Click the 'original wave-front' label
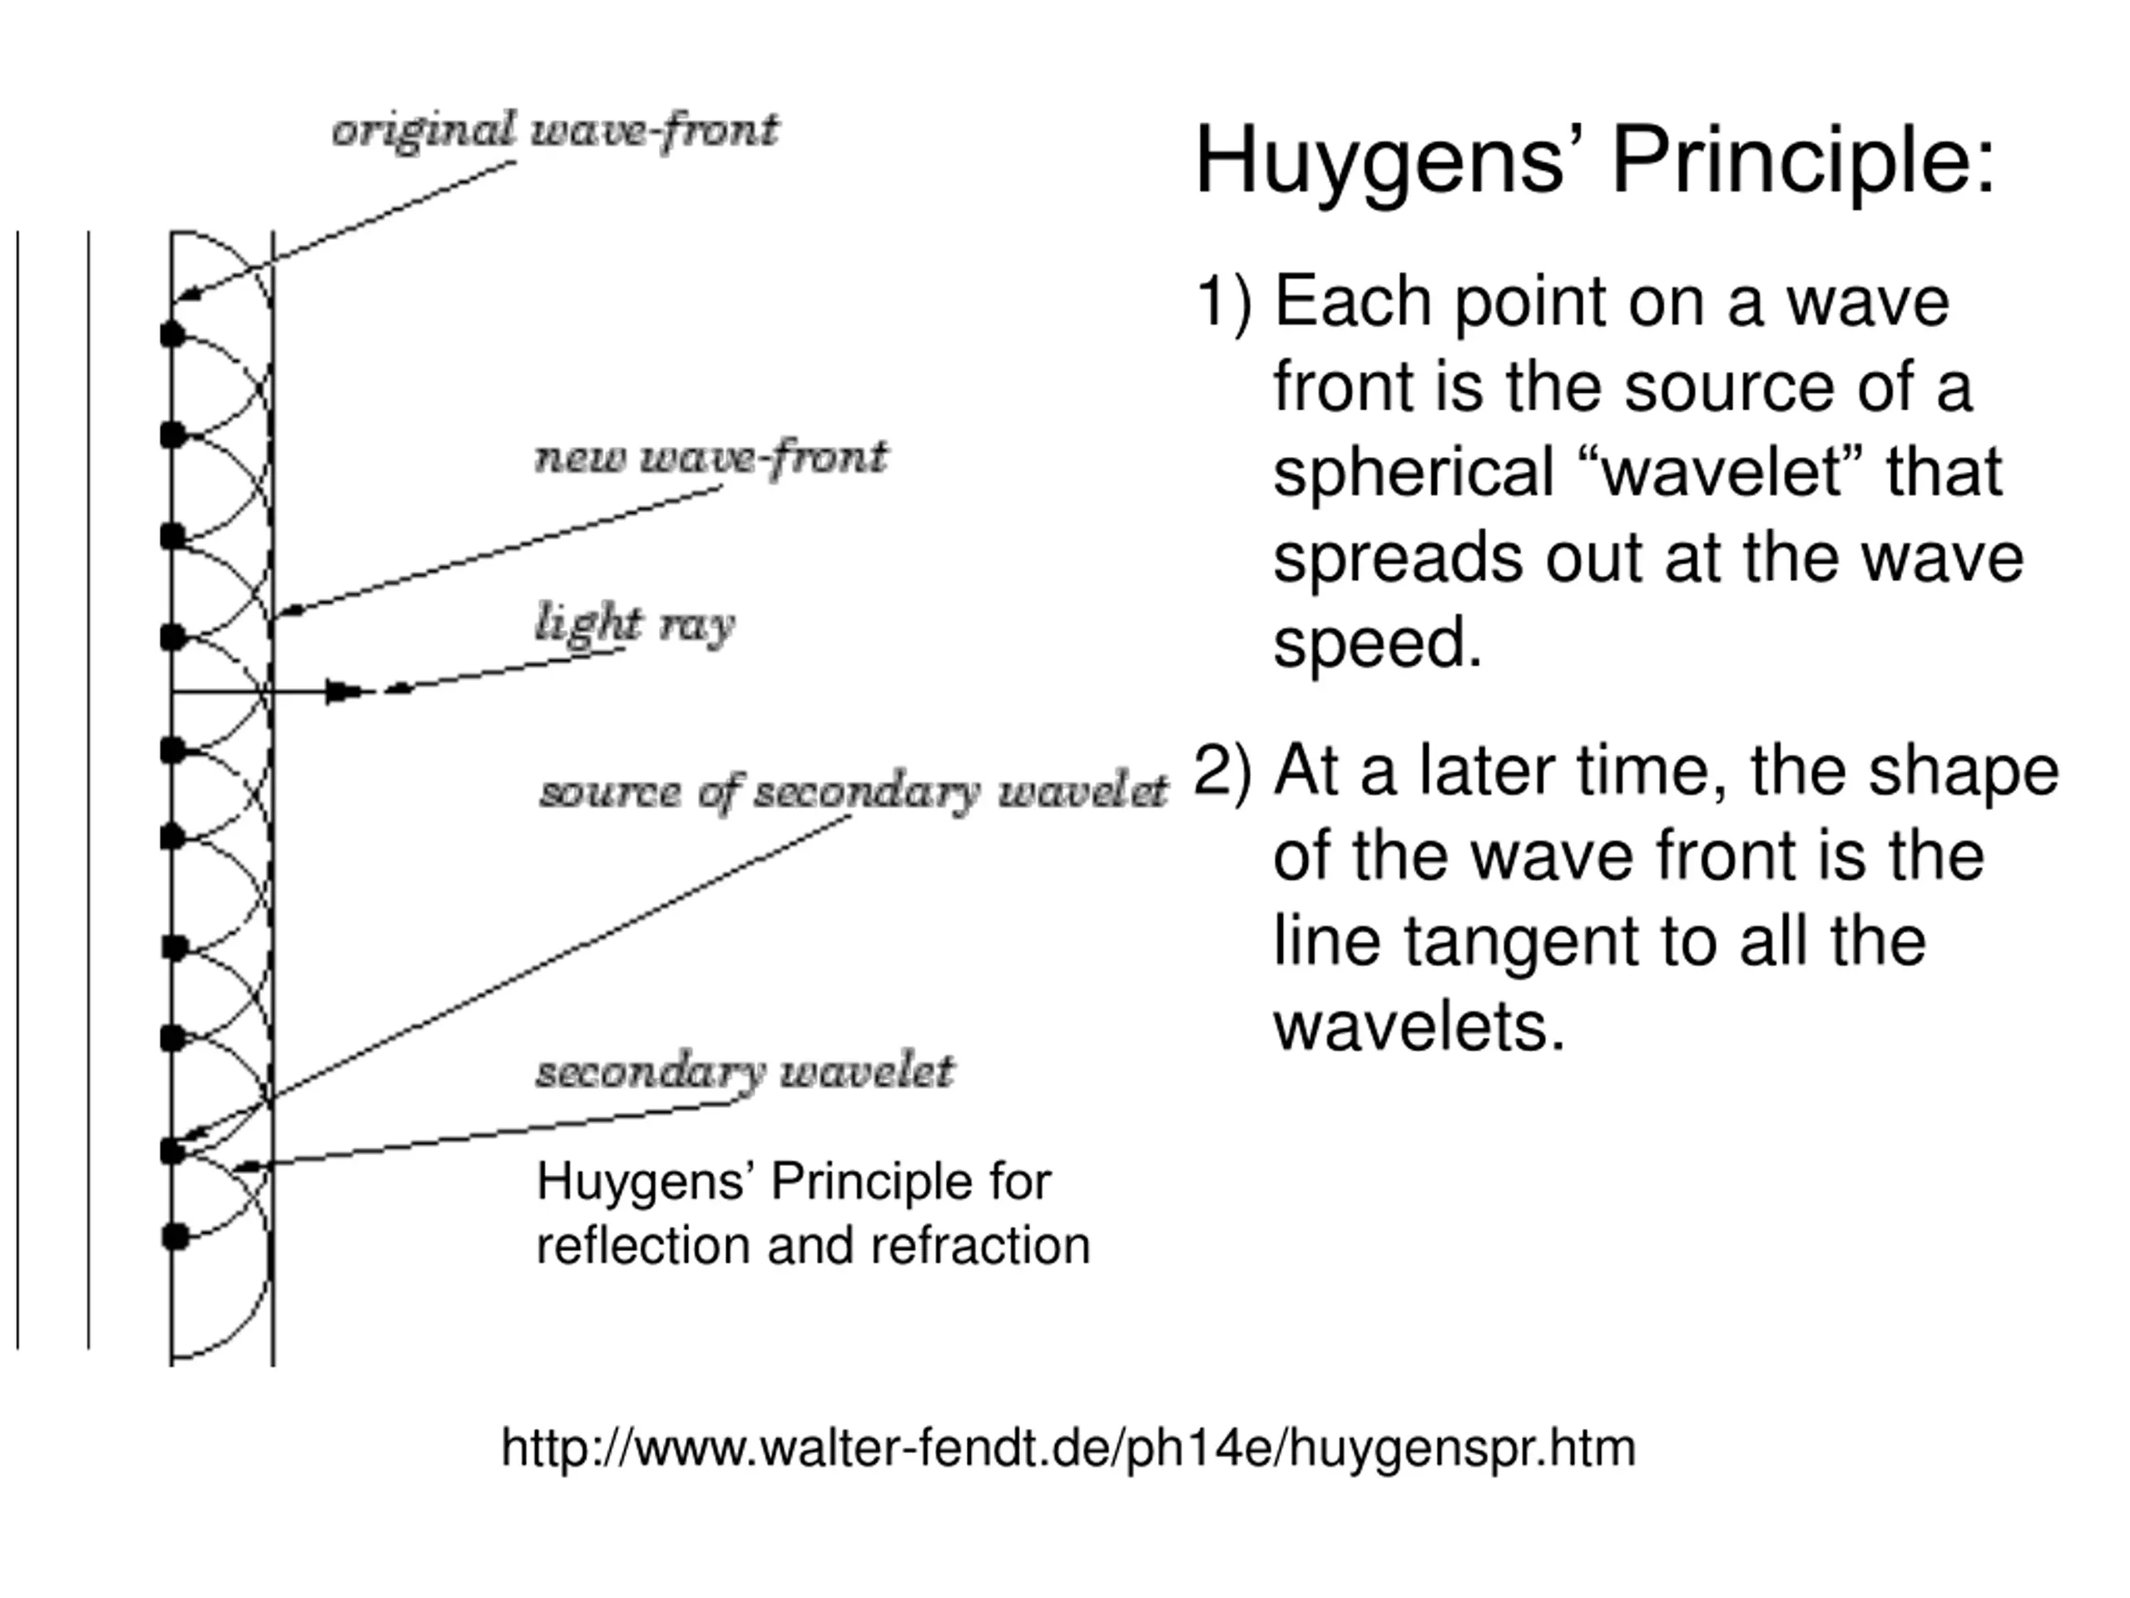[555, 131]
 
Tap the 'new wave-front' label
[711, 457]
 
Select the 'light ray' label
[635, 624]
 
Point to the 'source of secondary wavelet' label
[853, 792]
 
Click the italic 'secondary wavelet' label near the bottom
[745, 1071]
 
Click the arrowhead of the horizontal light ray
[343, 691]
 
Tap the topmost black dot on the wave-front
[172, 335]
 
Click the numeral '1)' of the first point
[1224, 301]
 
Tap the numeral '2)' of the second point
[1224, 771]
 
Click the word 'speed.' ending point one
[1377, 643]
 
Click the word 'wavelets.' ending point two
[1419, 1026]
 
